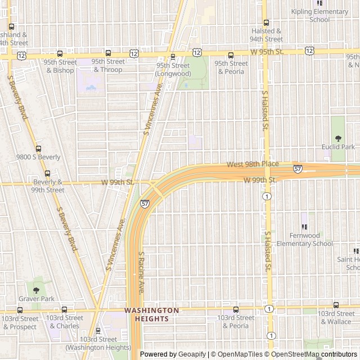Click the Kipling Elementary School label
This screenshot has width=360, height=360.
pos(319,15)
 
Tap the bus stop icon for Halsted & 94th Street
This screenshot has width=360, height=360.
pos(266,24)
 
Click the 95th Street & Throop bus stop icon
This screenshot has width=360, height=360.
pos(108,54)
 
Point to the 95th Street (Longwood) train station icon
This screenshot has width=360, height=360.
pos(173,56)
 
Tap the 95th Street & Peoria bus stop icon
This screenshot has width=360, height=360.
pos(231,55)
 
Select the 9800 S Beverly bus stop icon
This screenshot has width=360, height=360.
pos(38,149)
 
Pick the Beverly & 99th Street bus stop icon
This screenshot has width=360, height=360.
pos(47,174)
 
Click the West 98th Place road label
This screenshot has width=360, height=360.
pos(253,164)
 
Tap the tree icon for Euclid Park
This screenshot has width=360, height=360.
pos(338,138)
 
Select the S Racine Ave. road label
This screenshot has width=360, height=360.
pos(142,272)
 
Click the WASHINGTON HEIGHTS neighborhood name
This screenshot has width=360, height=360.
pos(151,314)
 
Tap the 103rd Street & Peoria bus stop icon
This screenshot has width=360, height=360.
pos(236,309)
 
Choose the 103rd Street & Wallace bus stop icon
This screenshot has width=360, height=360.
pos(336,305)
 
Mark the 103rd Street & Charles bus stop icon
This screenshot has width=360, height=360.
pos(64,309)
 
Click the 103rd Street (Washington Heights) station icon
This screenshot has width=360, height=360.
pos(98,331)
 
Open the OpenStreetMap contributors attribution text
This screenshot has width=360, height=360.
pos(319,354)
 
